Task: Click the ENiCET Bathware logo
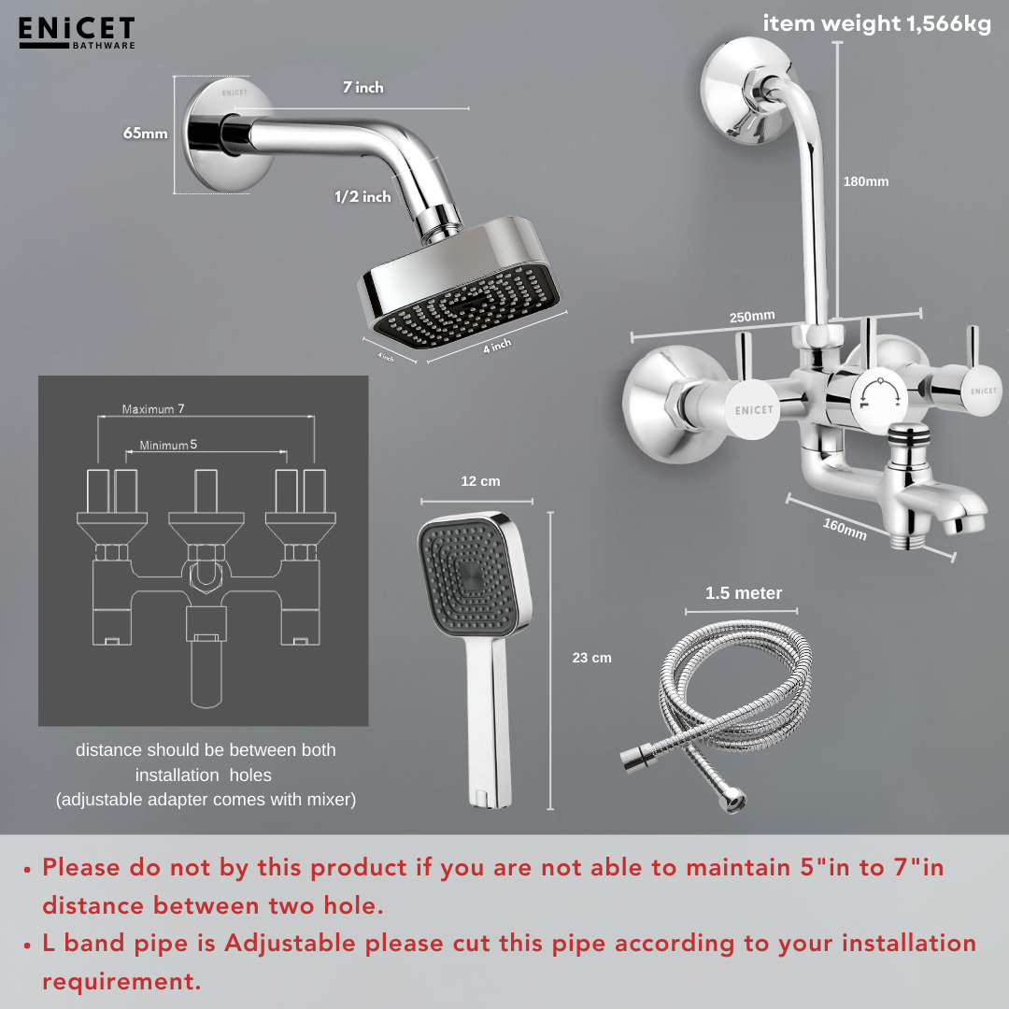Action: pos(77,33)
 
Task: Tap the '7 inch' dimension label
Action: pos(362,88)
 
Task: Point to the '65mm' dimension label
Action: pos(146,134)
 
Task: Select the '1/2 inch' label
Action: pos(362,197)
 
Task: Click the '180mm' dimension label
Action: pos(866,181)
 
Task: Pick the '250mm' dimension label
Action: pos(752,317)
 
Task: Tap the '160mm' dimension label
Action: pos(845,529)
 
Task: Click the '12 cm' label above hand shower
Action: pos(480,481)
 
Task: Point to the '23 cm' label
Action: pos(592,658)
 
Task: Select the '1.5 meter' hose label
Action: pos(744,593)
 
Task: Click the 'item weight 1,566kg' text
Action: pos(877,23)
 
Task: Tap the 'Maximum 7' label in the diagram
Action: pos(153,409)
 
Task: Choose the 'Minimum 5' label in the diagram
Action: pos(168,445)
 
